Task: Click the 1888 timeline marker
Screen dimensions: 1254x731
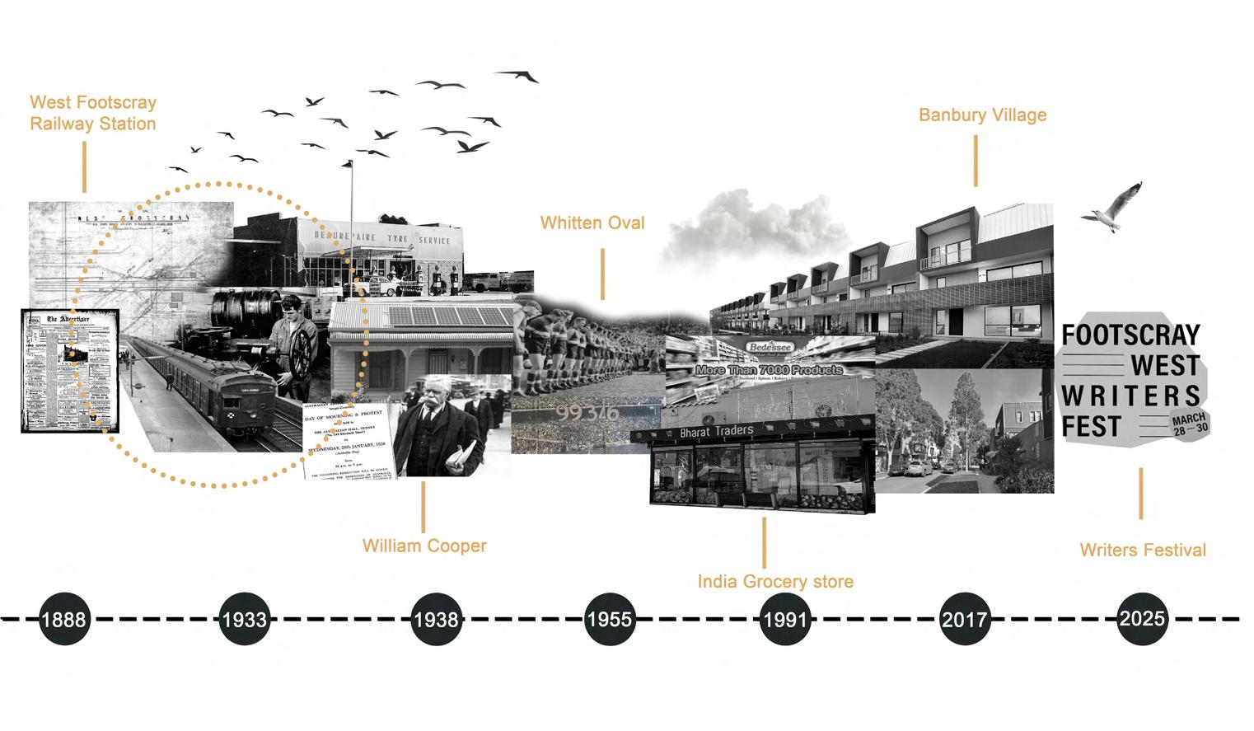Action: pyautogui.click(x=63, y=618)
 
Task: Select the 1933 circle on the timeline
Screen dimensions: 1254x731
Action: pyautogui.click(x=245, y=618)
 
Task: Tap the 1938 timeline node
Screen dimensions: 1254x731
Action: pyautogui.click(x=436, y=618)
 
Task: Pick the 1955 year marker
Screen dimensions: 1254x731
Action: pyautogui.click(x=610, y=618)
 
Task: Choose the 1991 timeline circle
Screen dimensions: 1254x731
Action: pyautogui.click(x=784, y=618)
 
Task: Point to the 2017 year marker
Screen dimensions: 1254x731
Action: pyautogui.click(x=965, y=618)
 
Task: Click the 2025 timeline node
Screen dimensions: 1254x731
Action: pyautogui.click(x=1142, y=617)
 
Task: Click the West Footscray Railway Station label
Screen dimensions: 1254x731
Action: pyautogui.click(x=92, y=113)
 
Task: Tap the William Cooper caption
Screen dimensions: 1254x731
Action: pyautogui.click(x=424, y=546)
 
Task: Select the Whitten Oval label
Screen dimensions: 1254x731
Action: pyautogui.click(x=592, y=223)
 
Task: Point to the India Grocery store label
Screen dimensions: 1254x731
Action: pyautogui.click(x=775, y=582)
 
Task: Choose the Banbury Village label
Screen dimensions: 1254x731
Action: pyautogui.click(x=982, y=115)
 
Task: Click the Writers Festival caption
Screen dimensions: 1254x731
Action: pyautogui.click(x=1143, y=550)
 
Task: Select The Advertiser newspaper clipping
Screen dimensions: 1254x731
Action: pyautogui.click(x=70, y=371)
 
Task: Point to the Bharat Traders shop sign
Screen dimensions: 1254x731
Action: pyautogui.click(x=716, y=431)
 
